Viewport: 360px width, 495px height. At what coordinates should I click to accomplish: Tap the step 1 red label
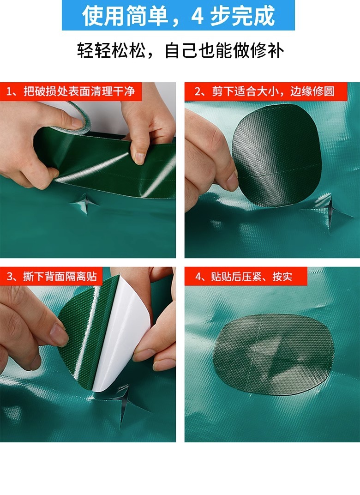tap(71, 91)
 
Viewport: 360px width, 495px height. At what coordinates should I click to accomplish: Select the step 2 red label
tap(266, 91)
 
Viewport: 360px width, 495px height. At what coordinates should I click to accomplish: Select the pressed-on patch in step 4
tap(273, 354)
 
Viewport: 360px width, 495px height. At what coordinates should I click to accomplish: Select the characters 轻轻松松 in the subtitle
tap(111, 50)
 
